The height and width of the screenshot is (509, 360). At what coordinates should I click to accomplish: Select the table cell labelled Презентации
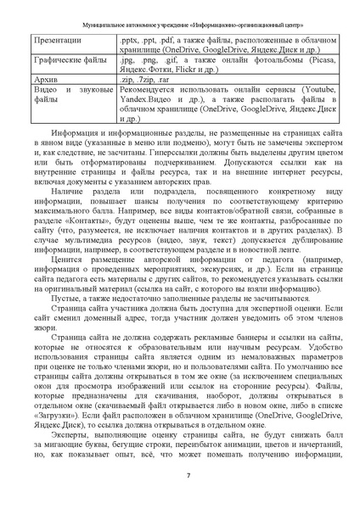pyautogui.click(x=53, y=39)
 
